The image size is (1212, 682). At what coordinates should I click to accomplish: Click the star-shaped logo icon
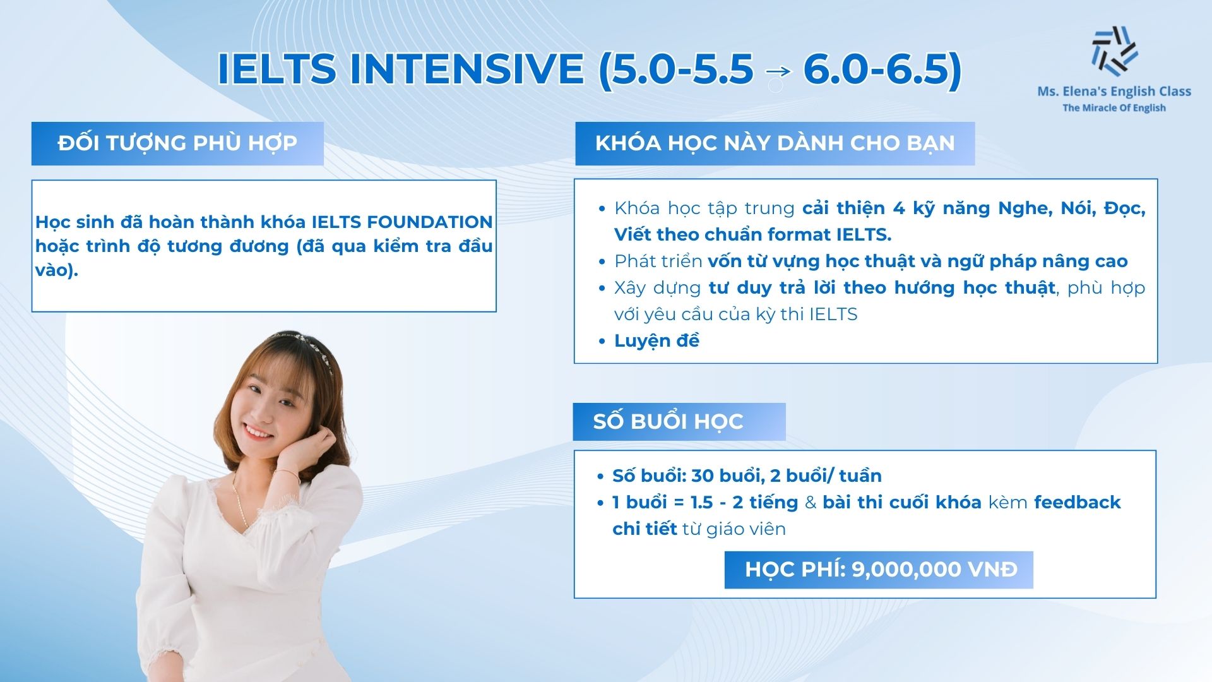click(x=1114, y=51)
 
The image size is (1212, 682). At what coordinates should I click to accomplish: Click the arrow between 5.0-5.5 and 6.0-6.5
click(x=778, y=71)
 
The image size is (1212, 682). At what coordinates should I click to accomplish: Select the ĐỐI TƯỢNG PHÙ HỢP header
click(x=177, y=143)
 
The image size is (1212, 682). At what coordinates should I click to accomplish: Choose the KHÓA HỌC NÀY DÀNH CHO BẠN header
click(x=775, y=143)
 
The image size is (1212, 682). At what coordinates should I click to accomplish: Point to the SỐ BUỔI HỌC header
click(x=668, y=421)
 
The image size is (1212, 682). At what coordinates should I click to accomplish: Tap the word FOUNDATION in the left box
click(x=430, y=222)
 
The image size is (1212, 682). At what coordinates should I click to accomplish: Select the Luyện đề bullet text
click(x=656, y=341)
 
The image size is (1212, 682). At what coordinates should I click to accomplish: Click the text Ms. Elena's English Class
click(x=1114, y=92)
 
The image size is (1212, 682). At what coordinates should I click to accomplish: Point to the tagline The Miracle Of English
click(x=1114, y=108)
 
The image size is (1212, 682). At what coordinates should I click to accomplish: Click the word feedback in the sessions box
click(x=1077, y=503)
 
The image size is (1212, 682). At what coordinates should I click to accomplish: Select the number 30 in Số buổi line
click(x=702, y=476)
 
